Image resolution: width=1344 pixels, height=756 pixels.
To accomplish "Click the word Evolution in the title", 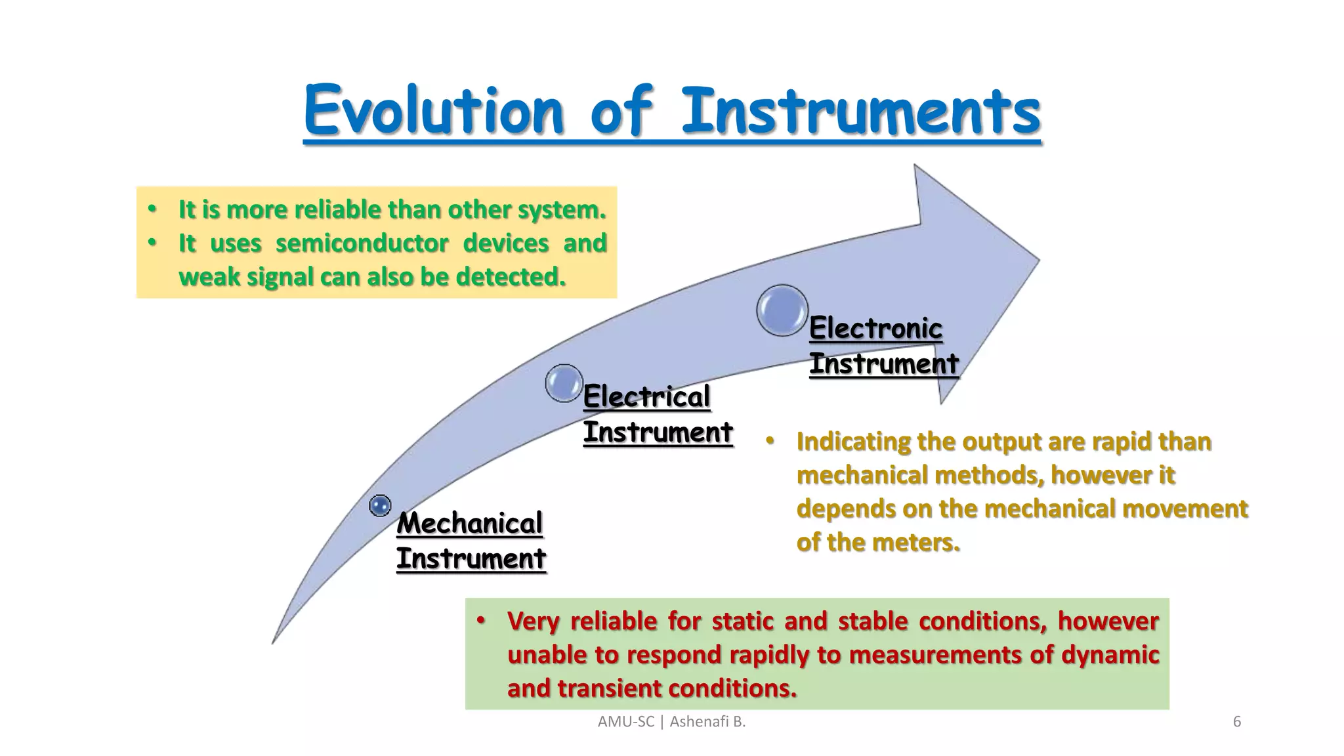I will tap(433, 110).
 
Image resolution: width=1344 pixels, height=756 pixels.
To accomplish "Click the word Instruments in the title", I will tap(861, 110).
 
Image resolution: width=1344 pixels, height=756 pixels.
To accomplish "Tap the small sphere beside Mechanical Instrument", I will tap(380, 505).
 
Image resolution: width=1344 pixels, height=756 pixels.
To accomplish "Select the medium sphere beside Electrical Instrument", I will tap(564, 383).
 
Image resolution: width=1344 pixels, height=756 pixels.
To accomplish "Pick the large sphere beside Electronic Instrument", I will tap(782, 310).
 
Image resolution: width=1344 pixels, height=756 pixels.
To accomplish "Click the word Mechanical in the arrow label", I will tap(469, 523).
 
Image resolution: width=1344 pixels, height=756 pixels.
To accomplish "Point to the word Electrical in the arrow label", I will tap(646, 396).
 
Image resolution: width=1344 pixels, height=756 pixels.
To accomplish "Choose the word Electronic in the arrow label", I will tap(875, 328).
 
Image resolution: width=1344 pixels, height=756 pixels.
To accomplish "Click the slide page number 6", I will tap(1236, 722).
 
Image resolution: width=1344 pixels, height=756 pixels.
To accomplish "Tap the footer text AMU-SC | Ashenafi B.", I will tap(671, 722).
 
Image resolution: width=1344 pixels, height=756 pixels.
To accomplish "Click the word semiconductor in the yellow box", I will tap(362, 243).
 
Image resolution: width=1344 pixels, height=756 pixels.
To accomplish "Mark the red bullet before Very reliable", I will tap(481, 620).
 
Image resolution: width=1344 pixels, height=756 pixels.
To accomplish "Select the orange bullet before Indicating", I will tap(770, 441).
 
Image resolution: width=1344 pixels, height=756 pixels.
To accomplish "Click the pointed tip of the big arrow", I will tap(1038, 260).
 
